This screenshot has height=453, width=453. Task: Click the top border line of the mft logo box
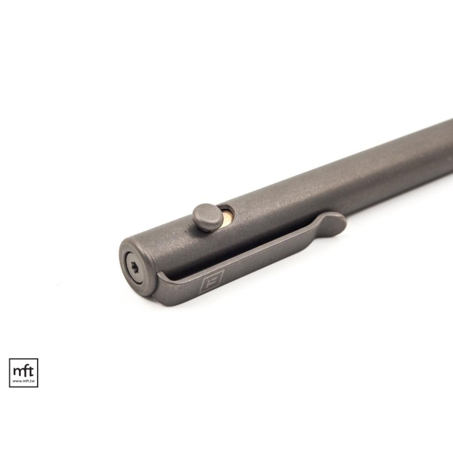24,359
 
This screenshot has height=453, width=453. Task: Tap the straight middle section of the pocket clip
254,260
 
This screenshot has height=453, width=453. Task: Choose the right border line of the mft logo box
38,373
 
